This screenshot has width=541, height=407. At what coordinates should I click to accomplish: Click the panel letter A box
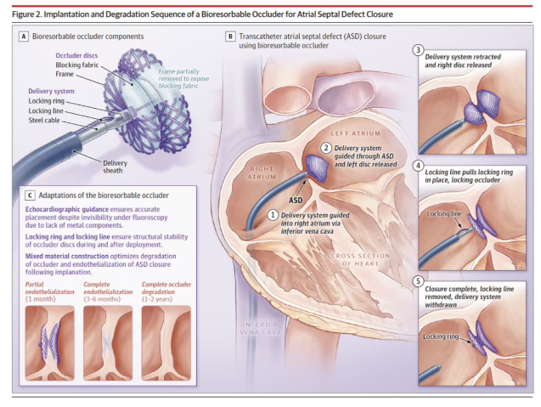[x=23, y=37]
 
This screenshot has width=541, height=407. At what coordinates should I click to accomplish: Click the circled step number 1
[x=273, y=213]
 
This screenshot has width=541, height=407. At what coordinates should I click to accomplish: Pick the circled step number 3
[x=418, y=50]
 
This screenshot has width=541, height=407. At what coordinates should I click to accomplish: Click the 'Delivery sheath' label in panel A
[x=117, y=167]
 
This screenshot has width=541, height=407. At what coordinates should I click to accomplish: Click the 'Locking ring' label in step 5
[x=441, y=336]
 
